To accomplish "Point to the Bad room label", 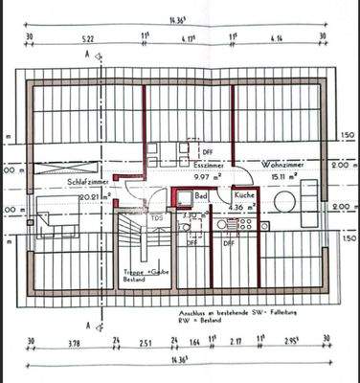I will pos(201,195).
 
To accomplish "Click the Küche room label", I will pos(243,195).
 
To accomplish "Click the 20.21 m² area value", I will pos(95,197).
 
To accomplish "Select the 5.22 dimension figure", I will pos(87,39).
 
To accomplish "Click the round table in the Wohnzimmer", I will pos(284,202).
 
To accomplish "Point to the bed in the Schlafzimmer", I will pos(57,223).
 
